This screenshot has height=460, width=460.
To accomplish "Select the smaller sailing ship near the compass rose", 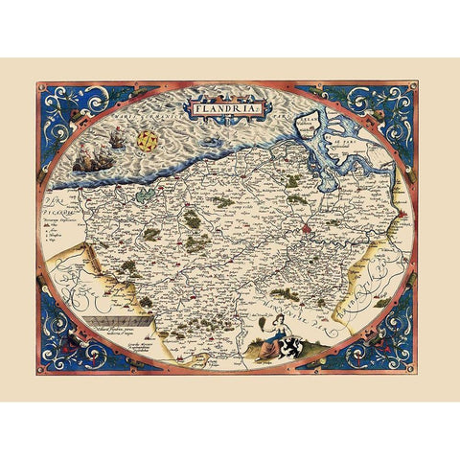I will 117,141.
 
